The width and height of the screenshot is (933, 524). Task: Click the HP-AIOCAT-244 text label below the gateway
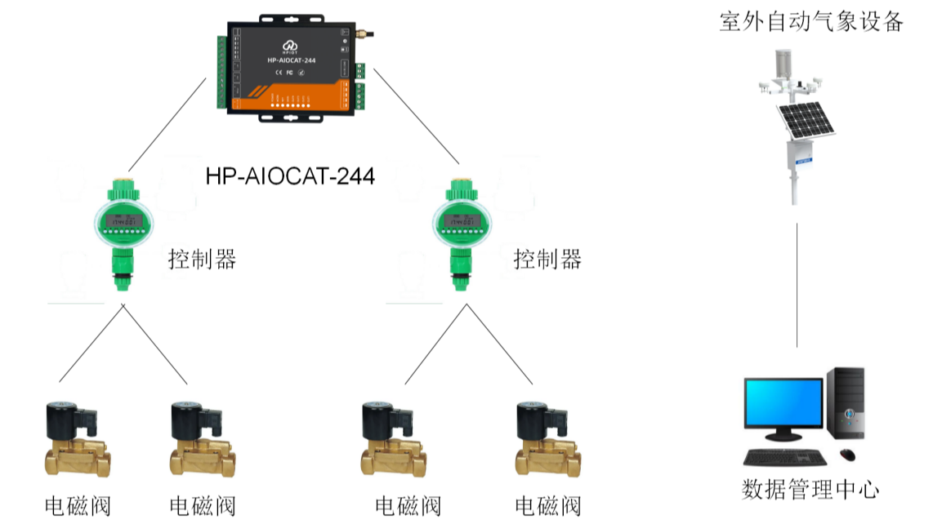coord(290,175)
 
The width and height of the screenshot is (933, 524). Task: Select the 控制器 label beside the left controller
coord(202,260)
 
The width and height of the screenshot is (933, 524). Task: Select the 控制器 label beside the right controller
coord(547,260)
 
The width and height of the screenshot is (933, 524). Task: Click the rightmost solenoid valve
coord(547,441)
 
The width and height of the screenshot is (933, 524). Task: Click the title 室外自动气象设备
coord(810,22)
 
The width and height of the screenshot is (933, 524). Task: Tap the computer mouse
coord(847,455)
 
